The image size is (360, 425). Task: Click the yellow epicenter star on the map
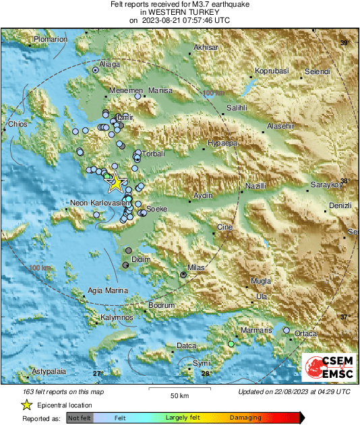[115, 182]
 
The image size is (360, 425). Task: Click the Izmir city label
[125, 117]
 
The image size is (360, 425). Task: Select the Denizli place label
[340, 205]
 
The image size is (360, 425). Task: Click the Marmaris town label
[258, 330]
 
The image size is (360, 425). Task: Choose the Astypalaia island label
[51, 371]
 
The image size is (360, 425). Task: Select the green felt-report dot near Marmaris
[231, 344]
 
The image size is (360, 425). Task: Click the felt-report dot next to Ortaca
[287, 331]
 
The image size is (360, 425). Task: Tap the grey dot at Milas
[183, 275]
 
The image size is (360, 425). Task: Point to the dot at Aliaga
[96, 69]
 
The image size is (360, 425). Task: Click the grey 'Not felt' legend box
[79, 418]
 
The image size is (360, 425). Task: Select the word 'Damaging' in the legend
[245, 418]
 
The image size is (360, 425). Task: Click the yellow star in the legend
[26, 405]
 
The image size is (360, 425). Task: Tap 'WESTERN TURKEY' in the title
[179, 12]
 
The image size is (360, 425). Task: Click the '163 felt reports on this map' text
[64, 391]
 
